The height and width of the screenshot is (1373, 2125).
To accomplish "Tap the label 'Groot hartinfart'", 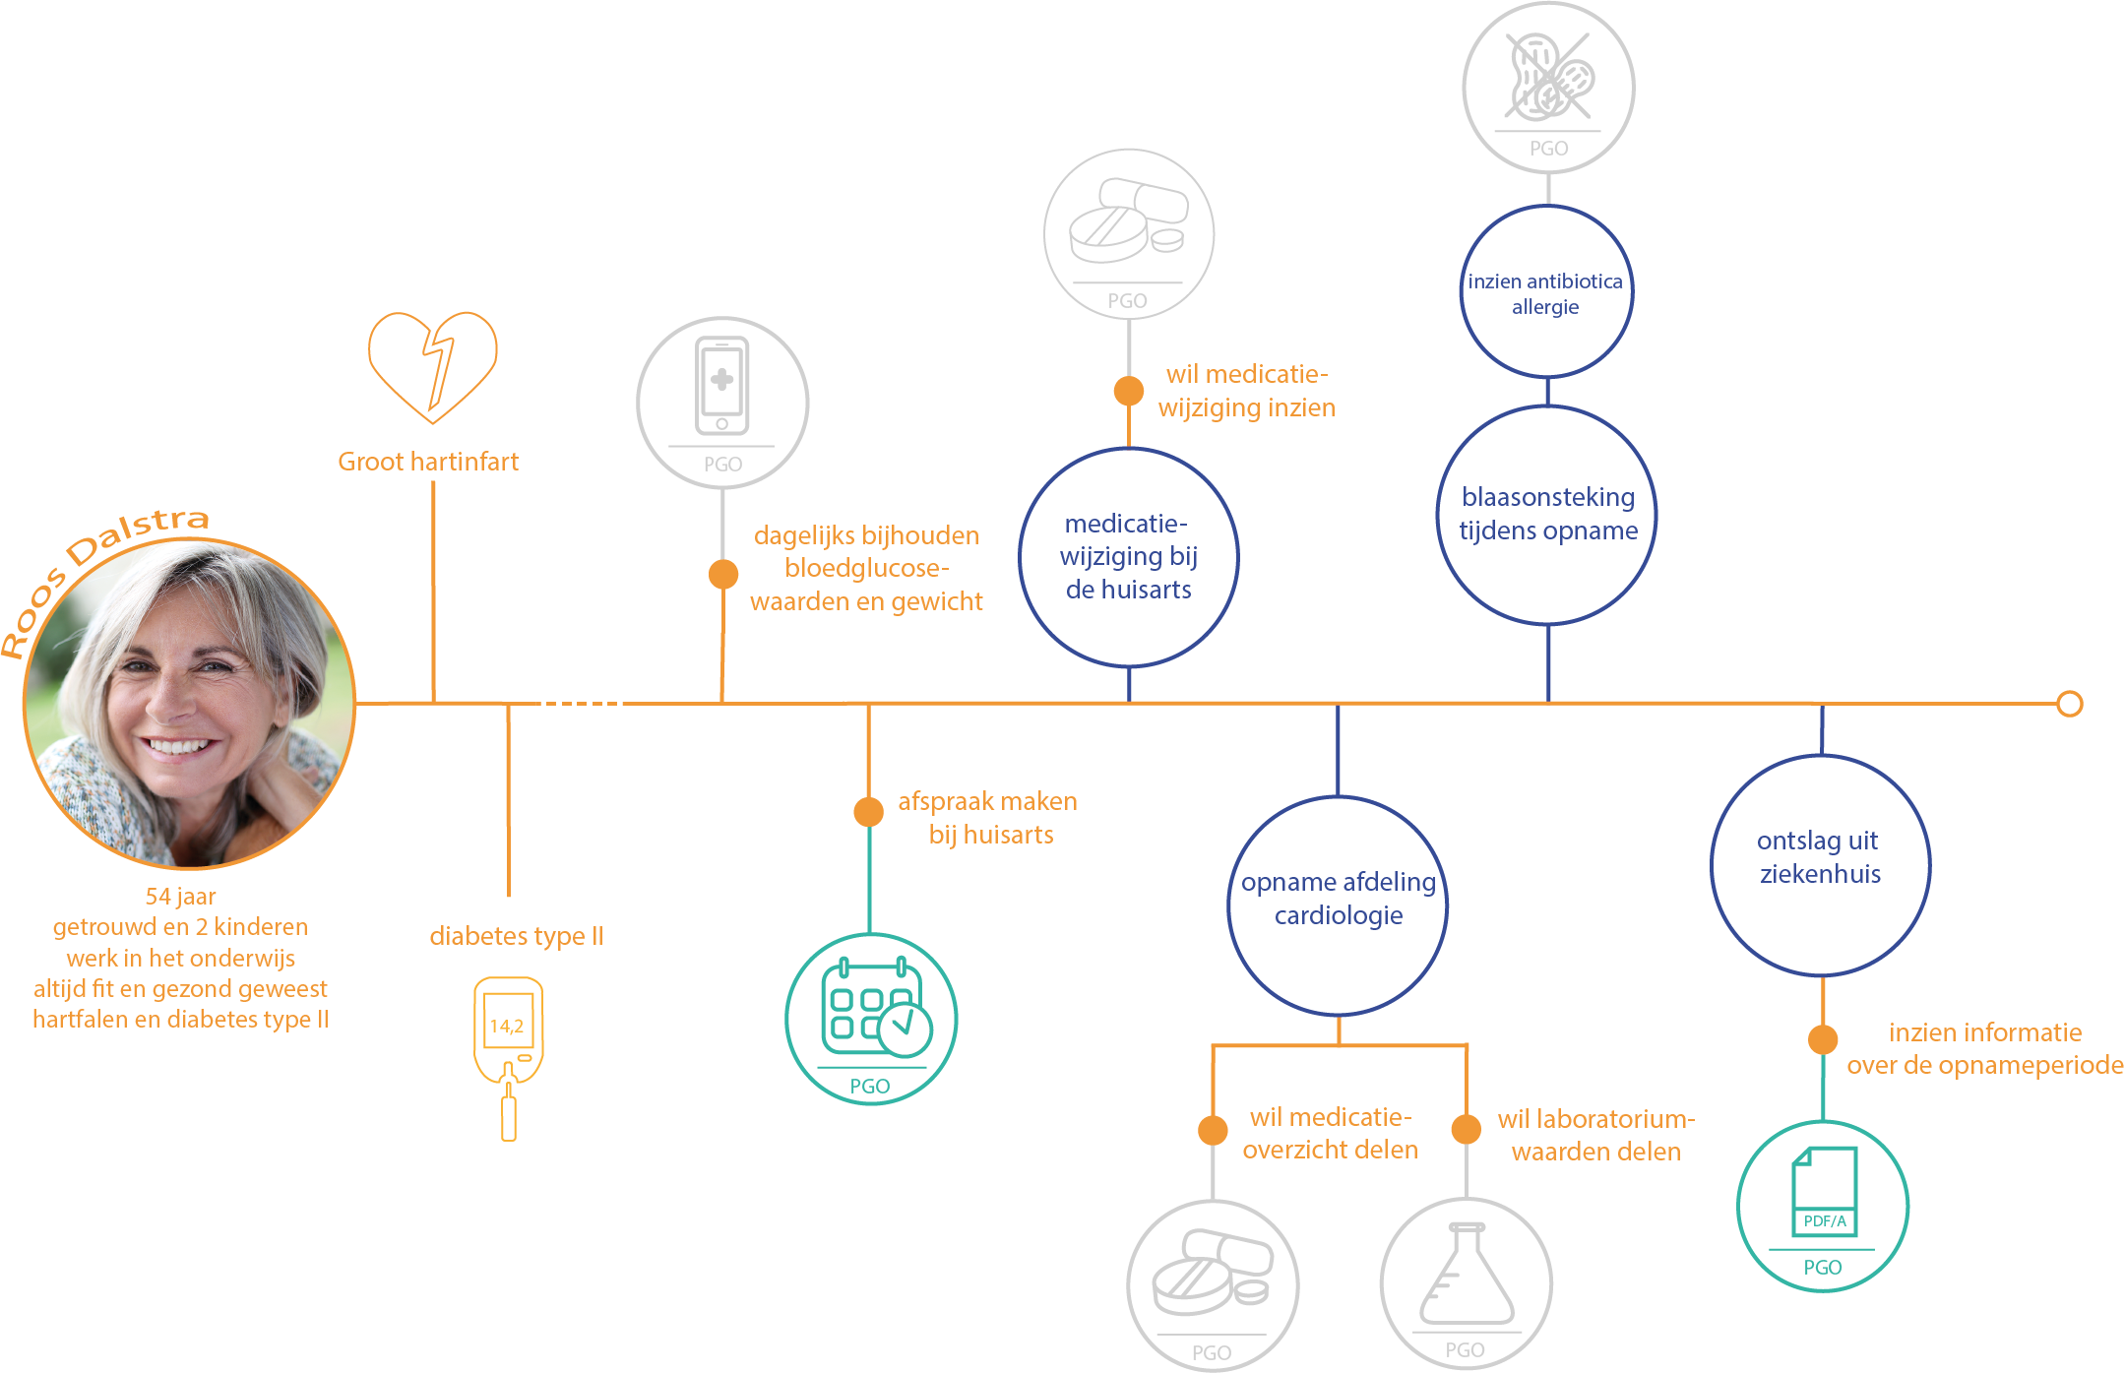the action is pyautogui.click(x=428, y=462).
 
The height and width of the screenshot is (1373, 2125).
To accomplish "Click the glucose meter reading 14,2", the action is pyautogui.click(x=507, y=1026).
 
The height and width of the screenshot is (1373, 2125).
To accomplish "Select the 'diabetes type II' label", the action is pyautogui.click(x=517, y=936).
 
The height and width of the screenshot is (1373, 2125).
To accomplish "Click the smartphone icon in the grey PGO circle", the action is pyautogui.click(x=722, y=386).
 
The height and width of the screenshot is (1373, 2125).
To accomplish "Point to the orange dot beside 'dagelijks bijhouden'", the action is pyautogui.click(x=723, y=574).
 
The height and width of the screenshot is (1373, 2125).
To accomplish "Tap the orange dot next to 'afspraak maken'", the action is pyautogui.click(x=868, y=812).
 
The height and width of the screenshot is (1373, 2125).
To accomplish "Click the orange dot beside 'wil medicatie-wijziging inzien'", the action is pyautogui.click(x=1129, y=391).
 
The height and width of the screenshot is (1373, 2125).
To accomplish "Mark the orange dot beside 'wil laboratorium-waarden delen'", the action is pyautogui.click(x=1467, y=1129).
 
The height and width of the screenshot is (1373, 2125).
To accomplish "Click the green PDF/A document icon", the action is pyautogui.click(x=1825, y=1191).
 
